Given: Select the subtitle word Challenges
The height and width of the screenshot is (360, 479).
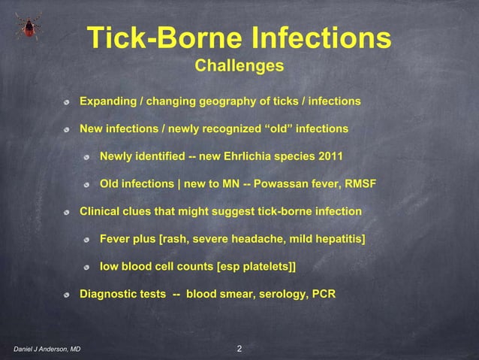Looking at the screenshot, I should [x=239, y=67].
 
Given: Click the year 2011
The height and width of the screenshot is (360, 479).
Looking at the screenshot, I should [x=330, y=157].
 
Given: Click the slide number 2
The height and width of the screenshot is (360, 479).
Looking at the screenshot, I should [x=239, y=349].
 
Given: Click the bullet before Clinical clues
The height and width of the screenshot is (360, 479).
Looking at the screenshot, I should [x=67, y=213].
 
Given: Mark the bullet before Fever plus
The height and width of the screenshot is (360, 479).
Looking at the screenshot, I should [x=87, y=241].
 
